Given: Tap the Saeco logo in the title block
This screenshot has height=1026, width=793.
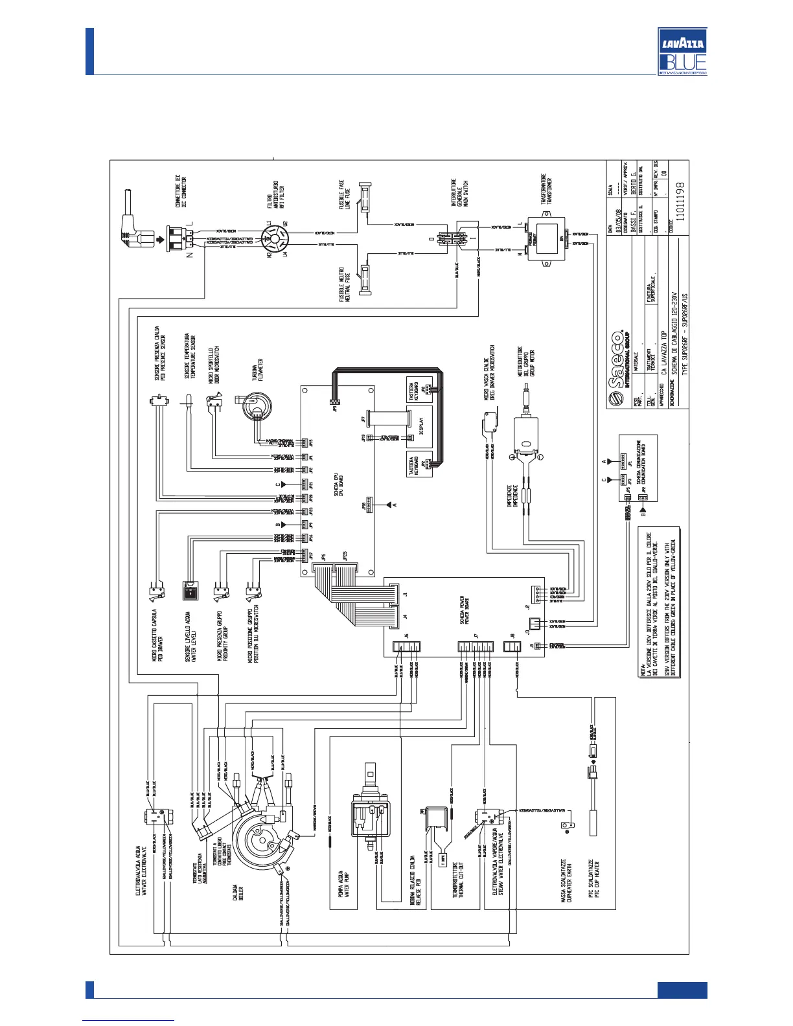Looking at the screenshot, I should [x=618, y=370].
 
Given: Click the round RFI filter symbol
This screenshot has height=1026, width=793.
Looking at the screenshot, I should [x=275, y=240].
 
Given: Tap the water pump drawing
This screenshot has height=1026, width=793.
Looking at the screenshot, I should [x=370, y=813].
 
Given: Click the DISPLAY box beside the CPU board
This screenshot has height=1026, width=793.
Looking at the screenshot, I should [x=419, y=426].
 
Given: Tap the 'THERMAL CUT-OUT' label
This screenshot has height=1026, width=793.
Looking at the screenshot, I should [x=461, y=879].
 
